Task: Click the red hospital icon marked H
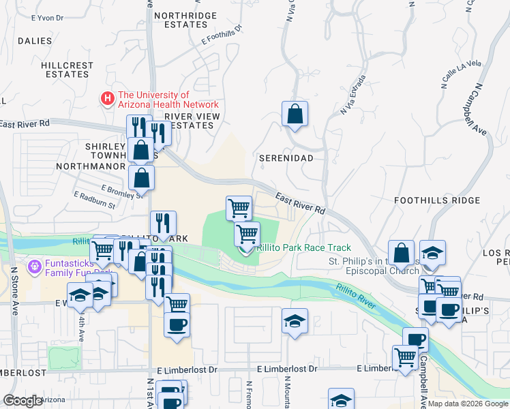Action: (x=108, y=99)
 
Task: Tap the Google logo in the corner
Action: (x=23, y=401)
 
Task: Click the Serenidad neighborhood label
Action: (x=286, y=157)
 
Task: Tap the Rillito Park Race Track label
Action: (x=303, y=248)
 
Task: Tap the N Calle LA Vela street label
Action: (x=461, y=74)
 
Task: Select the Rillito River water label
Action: (x=355, y=297)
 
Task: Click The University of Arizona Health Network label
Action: (x=168, y=100)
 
